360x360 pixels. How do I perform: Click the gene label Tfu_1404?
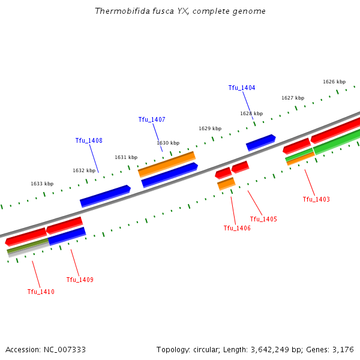click(241, 88)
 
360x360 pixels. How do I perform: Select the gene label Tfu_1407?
click(151, 119)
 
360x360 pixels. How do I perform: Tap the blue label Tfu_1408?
click(88, 140)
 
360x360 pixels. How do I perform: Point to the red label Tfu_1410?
click(40, 292)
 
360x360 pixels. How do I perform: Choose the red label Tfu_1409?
click(79, 280)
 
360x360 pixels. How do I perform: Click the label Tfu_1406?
click(237, 228)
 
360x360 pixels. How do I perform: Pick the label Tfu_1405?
click(263, 219)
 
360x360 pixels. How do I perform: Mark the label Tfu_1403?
click(316, 199)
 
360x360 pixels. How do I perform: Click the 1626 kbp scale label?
click(334, 82)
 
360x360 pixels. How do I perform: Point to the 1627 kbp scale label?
click(292, 98)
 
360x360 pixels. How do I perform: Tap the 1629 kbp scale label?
click(209, 128)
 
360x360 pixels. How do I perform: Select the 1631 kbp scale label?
click(125, 157)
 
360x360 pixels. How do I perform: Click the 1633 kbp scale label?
click(42, 184)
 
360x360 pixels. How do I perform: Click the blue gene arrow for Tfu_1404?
click(260, 142)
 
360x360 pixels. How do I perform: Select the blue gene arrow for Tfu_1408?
click(105, 196)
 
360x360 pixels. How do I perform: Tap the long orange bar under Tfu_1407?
click(167, 164)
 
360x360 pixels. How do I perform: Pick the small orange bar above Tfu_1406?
click(226, 184)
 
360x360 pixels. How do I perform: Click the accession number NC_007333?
click(62, 349)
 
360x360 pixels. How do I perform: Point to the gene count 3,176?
click(343, 349)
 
